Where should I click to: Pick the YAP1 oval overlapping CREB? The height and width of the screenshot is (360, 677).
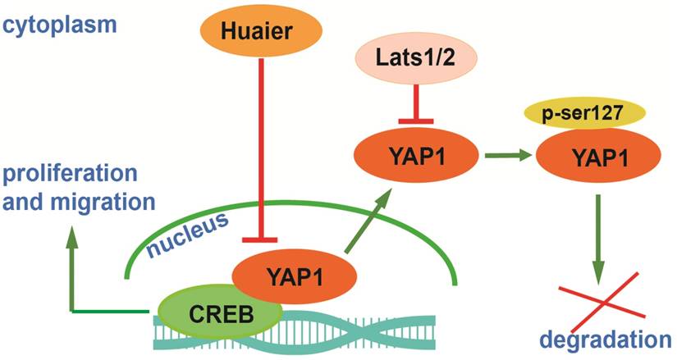(x=287, y=278)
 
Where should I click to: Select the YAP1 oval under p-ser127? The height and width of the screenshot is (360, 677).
(x=588, y=156)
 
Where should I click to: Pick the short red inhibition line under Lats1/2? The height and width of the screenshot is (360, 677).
(x=404, y=107)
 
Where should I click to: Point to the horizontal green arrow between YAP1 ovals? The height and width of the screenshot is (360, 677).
(x=497, y=154)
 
